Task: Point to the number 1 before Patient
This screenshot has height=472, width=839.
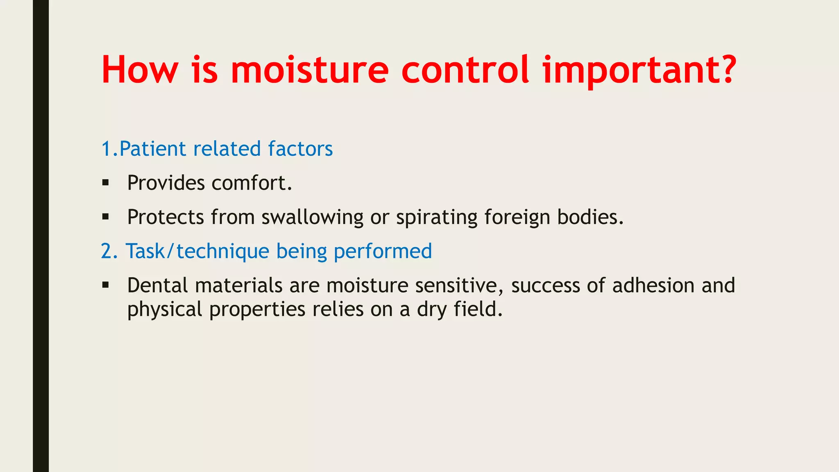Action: click(x=106, y=149)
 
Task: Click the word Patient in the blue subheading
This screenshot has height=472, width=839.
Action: click(x=152, y=149)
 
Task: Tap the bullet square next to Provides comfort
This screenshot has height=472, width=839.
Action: click(x=106, y=183)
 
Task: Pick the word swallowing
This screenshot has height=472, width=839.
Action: click(x=312, y=217)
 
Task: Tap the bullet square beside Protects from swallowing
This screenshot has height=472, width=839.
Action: click(x=106, y=217)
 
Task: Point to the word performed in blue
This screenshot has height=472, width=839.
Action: click(x=383, y=251)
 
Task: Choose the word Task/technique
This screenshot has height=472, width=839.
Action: click(x=197, y=251)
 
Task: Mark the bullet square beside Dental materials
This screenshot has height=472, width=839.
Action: click(x=106, y=285)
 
